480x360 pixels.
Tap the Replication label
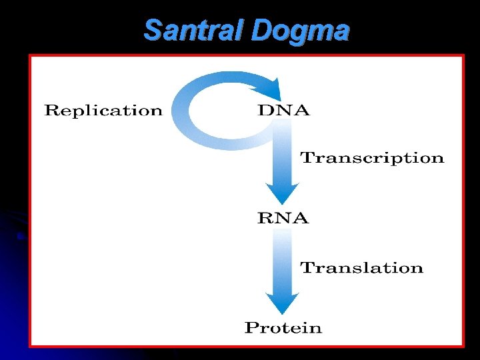coord(103,111)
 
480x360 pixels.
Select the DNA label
coord(283,111)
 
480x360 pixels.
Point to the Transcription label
coord(372,158)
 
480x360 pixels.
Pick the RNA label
coord(283,218)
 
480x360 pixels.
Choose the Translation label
coord(361,268)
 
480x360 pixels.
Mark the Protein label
coord(283,327)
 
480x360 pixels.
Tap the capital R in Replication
coord(51,111)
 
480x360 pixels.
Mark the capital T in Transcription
coord(307,158)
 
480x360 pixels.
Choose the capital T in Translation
coord(307,268)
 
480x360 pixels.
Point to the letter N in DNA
coord(284,111)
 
